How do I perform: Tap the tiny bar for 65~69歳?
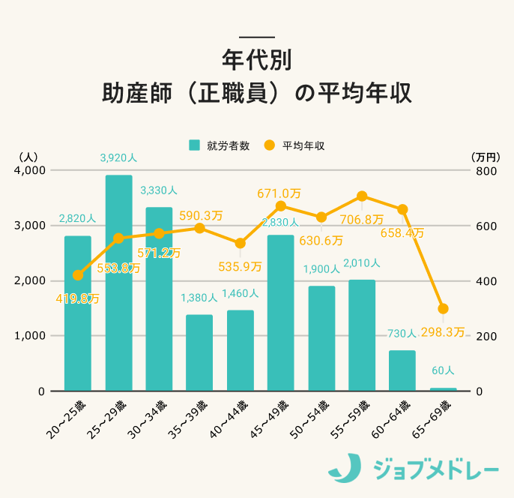(443, 389)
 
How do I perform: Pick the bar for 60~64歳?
(402, 370)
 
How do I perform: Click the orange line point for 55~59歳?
(362, 196)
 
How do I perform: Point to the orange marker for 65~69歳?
(443, 309)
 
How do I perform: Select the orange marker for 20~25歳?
(78, 275)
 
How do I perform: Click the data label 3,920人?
(118, 158)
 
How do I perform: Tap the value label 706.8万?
(362, 220)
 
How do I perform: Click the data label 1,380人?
(199, 298)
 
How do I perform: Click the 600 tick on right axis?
(486, 226)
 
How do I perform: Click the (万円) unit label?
(486, 157)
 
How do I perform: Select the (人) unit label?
(27, 157)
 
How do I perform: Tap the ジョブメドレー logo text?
(435, 469)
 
